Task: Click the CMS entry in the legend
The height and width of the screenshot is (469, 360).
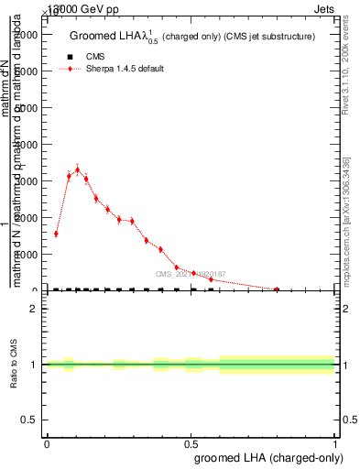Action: pyautogui.click(x=95, y=56)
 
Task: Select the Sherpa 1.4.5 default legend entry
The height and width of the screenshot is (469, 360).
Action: pyautogui.click(x=125, y=69)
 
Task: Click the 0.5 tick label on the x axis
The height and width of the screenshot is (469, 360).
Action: pyautogui.click(x=191, y=443)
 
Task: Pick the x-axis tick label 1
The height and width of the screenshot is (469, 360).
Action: pyautogui.click(x=336, y=443)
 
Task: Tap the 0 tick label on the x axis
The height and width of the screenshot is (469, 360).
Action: pyautogui.click(x=47, y=443)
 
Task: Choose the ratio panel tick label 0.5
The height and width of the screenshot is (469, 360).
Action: pyautogui.click(x=29, y=420)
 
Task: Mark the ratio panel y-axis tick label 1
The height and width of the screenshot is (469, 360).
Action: pyautogui.click(x=34, y=365)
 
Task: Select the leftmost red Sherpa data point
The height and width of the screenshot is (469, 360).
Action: pyautogui.click(x=56, y=234)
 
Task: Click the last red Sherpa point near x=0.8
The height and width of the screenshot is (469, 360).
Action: pyautogui.click(x=277, y=289)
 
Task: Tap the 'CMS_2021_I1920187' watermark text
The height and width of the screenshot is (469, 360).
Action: pyautogui.click(x=191, y=273)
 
